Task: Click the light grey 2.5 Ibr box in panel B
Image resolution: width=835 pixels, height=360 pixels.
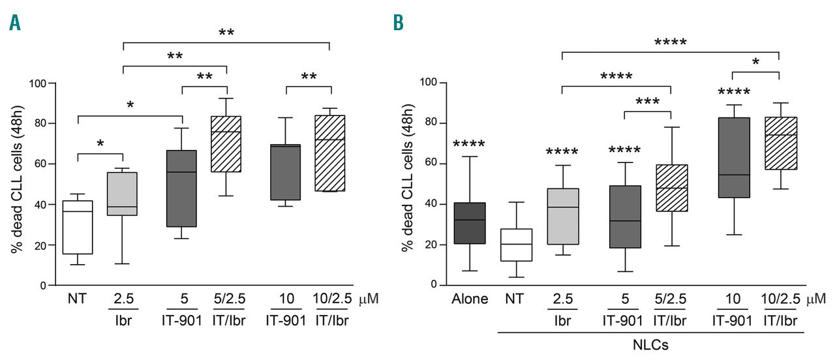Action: tap(562, 217)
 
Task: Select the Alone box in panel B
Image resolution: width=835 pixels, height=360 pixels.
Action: tap(470, 223)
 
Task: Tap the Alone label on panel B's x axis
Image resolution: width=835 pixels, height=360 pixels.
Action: tap(470, 301)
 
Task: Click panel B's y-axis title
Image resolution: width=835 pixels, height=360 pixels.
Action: tap(408, 184)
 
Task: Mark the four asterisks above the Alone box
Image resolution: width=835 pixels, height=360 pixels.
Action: tap(470, 144)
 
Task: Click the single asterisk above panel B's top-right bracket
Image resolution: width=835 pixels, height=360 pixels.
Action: tap(755, 62)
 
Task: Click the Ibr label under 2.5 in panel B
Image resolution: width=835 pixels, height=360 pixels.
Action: tap(562, 321)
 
